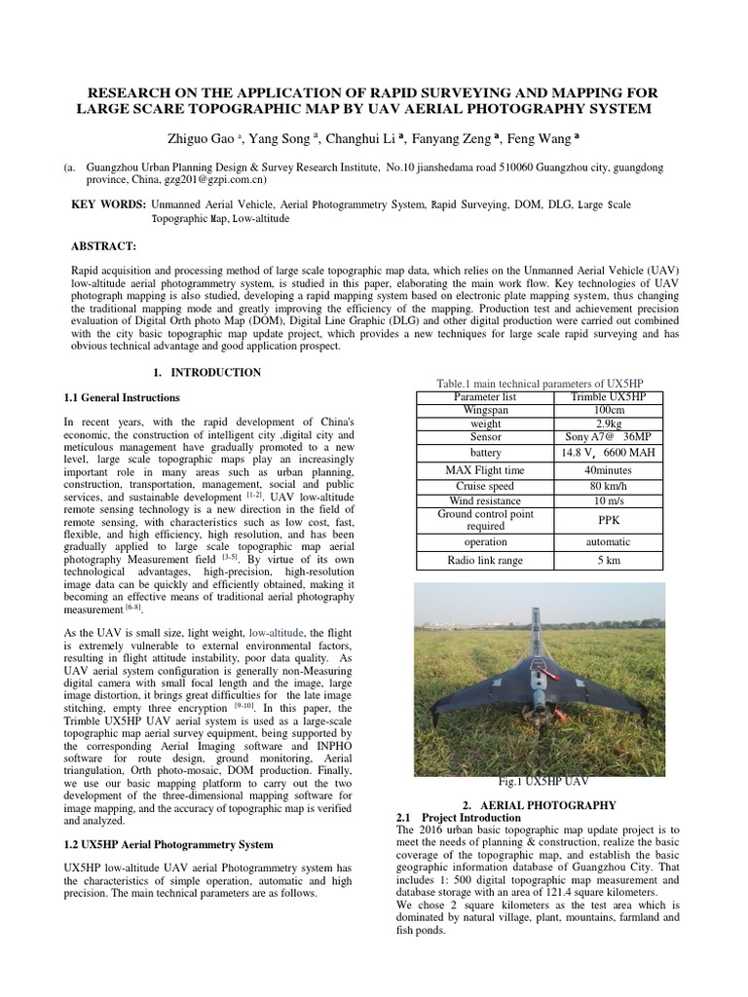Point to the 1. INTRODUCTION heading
[x=207, y=373]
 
